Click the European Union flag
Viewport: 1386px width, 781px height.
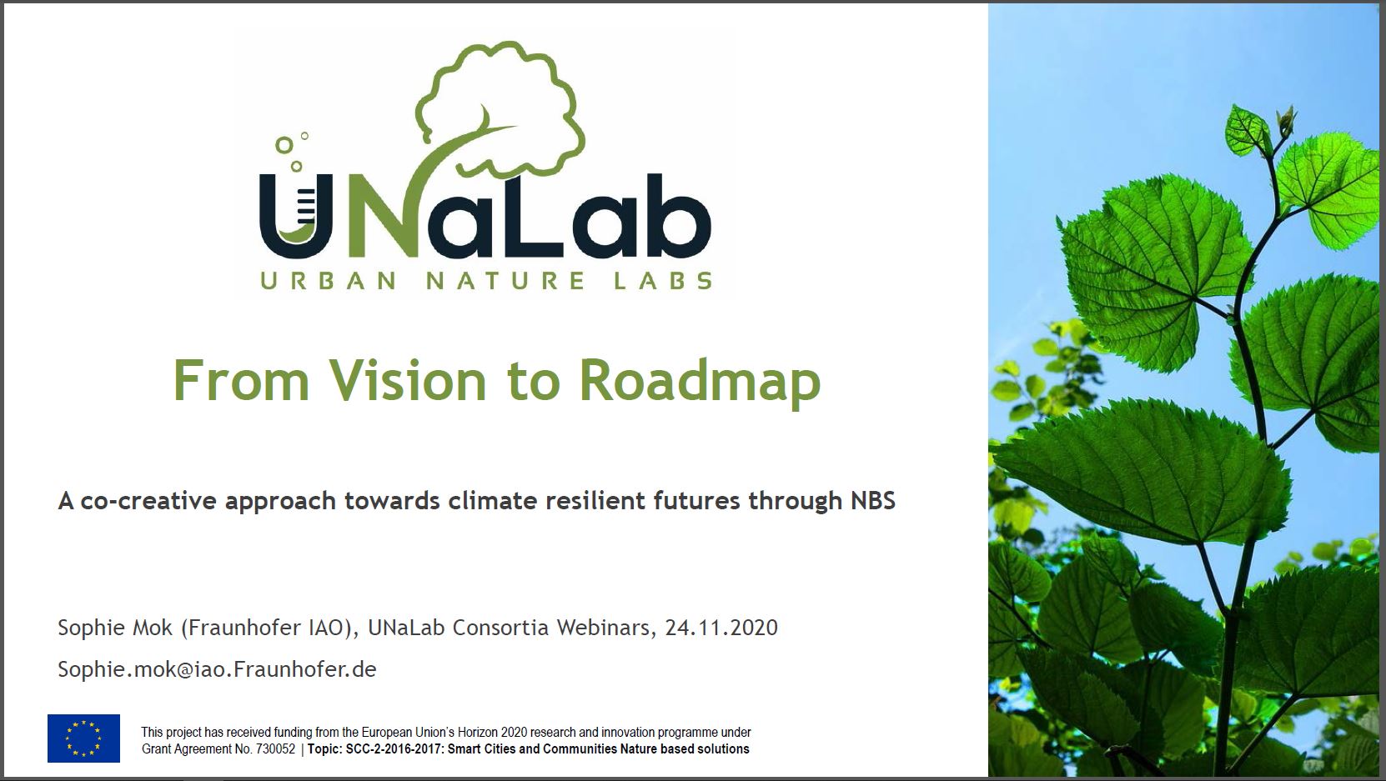83,738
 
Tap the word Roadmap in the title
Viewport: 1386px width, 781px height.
700,382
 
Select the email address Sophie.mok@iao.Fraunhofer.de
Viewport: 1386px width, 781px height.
217,669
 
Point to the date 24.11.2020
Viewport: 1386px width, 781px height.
721,628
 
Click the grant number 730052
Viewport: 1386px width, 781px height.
275,749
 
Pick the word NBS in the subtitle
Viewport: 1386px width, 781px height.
872,501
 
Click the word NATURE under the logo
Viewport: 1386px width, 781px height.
505,281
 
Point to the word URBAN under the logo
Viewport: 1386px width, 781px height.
328,281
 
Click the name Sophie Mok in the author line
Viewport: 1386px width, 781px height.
115,628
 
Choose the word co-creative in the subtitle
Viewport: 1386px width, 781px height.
148,501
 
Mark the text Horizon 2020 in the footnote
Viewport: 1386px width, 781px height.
493,733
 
